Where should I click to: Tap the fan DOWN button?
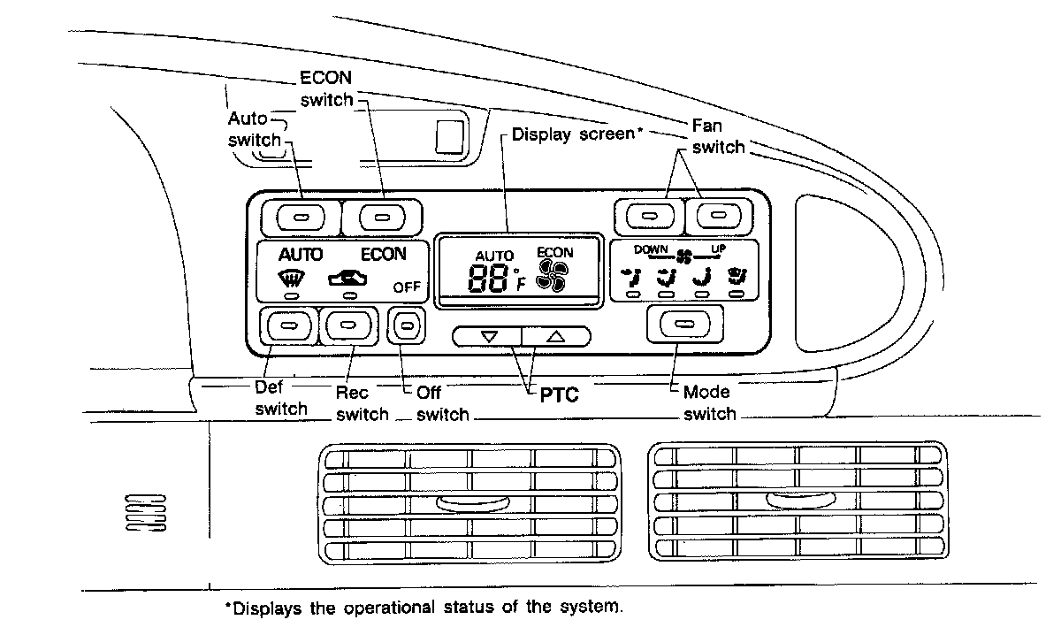[x=649, y=215]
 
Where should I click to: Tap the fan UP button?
[x=721, y=215]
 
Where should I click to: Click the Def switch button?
[x=287, y=326]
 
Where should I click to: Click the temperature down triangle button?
[x=489, y=336]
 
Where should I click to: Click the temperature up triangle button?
[x=554, y=336]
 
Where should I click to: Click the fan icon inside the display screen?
[x=554, y=278]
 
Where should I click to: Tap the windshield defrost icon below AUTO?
[x=287, y=281]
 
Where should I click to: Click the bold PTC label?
[x=559, y=395]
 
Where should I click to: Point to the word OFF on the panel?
[x=407, y=287]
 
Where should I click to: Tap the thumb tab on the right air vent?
[x=798, y=500]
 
